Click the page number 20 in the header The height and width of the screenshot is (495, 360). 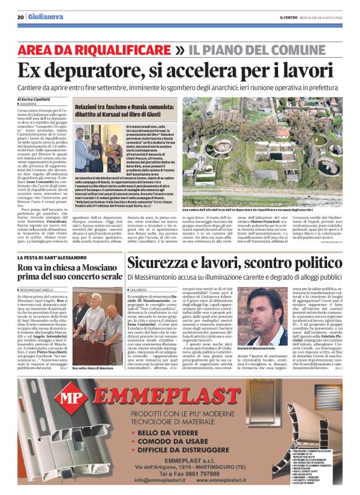(x=20, y=17)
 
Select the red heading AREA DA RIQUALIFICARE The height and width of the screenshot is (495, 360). (x=104, y=50)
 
